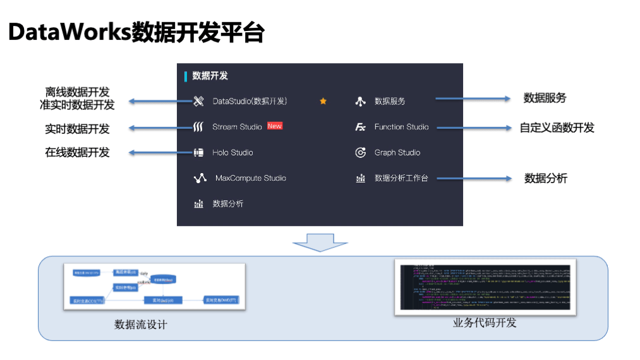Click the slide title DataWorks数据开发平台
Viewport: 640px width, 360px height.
point(136,32)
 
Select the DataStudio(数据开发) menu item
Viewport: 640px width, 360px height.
point(250,101)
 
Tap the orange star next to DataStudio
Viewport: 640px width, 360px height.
point(323,101)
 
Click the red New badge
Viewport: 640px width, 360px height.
point(274,126)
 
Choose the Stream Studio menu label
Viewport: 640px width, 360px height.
point(237,127)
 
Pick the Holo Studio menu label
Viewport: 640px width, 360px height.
point(232,153)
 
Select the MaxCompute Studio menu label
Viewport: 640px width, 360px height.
point(250,178)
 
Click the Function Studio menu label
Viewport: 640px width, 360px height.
point(401,127)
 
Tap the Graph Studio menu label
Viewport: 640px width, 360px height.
point(397,153)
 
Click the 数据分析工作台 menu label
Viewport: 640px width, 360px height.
point(401,178)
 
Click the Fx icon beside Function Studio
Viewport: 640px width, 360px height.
point(361,127)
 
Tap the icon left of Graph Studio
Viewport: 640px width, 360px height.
point(361,153)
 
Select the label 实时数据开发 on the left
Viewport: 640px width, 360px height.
point(77,129)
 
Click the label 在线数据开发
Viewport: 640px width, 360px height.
point(77,153)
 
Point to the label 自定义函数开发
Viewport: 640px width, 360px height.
point(557,128)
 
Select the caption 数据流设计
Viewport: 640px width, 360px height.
point(140,325)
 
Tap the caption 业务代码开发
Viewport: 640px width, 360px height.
point(485,323)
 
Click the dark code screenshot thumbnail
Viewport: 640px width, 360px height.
point(485,287)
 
